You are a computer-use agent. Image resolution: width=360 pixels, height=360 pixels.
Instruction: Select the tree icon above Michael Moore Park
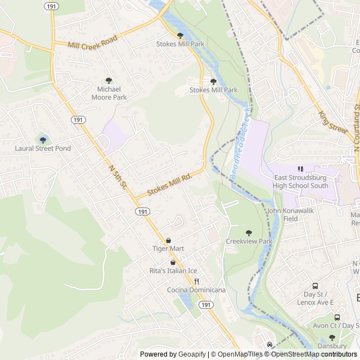109,80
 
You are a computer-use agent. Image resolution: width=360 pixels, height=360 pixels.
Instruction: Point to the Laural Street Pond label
43,148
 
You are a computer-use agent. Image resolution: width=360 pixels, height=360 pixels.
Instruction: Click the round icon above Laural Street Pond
43,139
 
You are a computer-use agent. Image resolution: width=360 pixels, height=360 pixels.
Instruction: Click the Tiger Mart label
168,248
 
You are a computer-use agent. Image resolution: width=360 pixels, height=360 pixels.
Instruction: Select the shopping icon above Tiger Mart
168,240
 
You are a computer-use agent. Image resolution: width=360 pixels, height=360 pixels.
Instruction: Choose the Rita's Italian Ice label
173,271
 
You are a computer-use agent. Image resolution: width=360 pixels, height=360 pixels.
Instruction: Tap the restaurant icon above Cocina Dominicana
196,281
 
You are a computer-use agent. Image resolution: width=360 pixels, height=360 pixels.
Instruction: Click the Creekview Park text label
249,241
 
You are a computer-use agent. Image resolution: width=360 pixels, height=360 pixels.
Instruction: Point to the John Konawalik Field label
291,215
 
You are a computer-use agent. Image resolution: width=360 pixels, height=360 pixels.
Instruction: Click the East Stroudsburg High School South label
300,181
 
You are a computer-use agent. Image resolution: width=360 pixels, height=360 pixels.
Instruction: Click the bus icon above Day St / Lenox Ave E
314,285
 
